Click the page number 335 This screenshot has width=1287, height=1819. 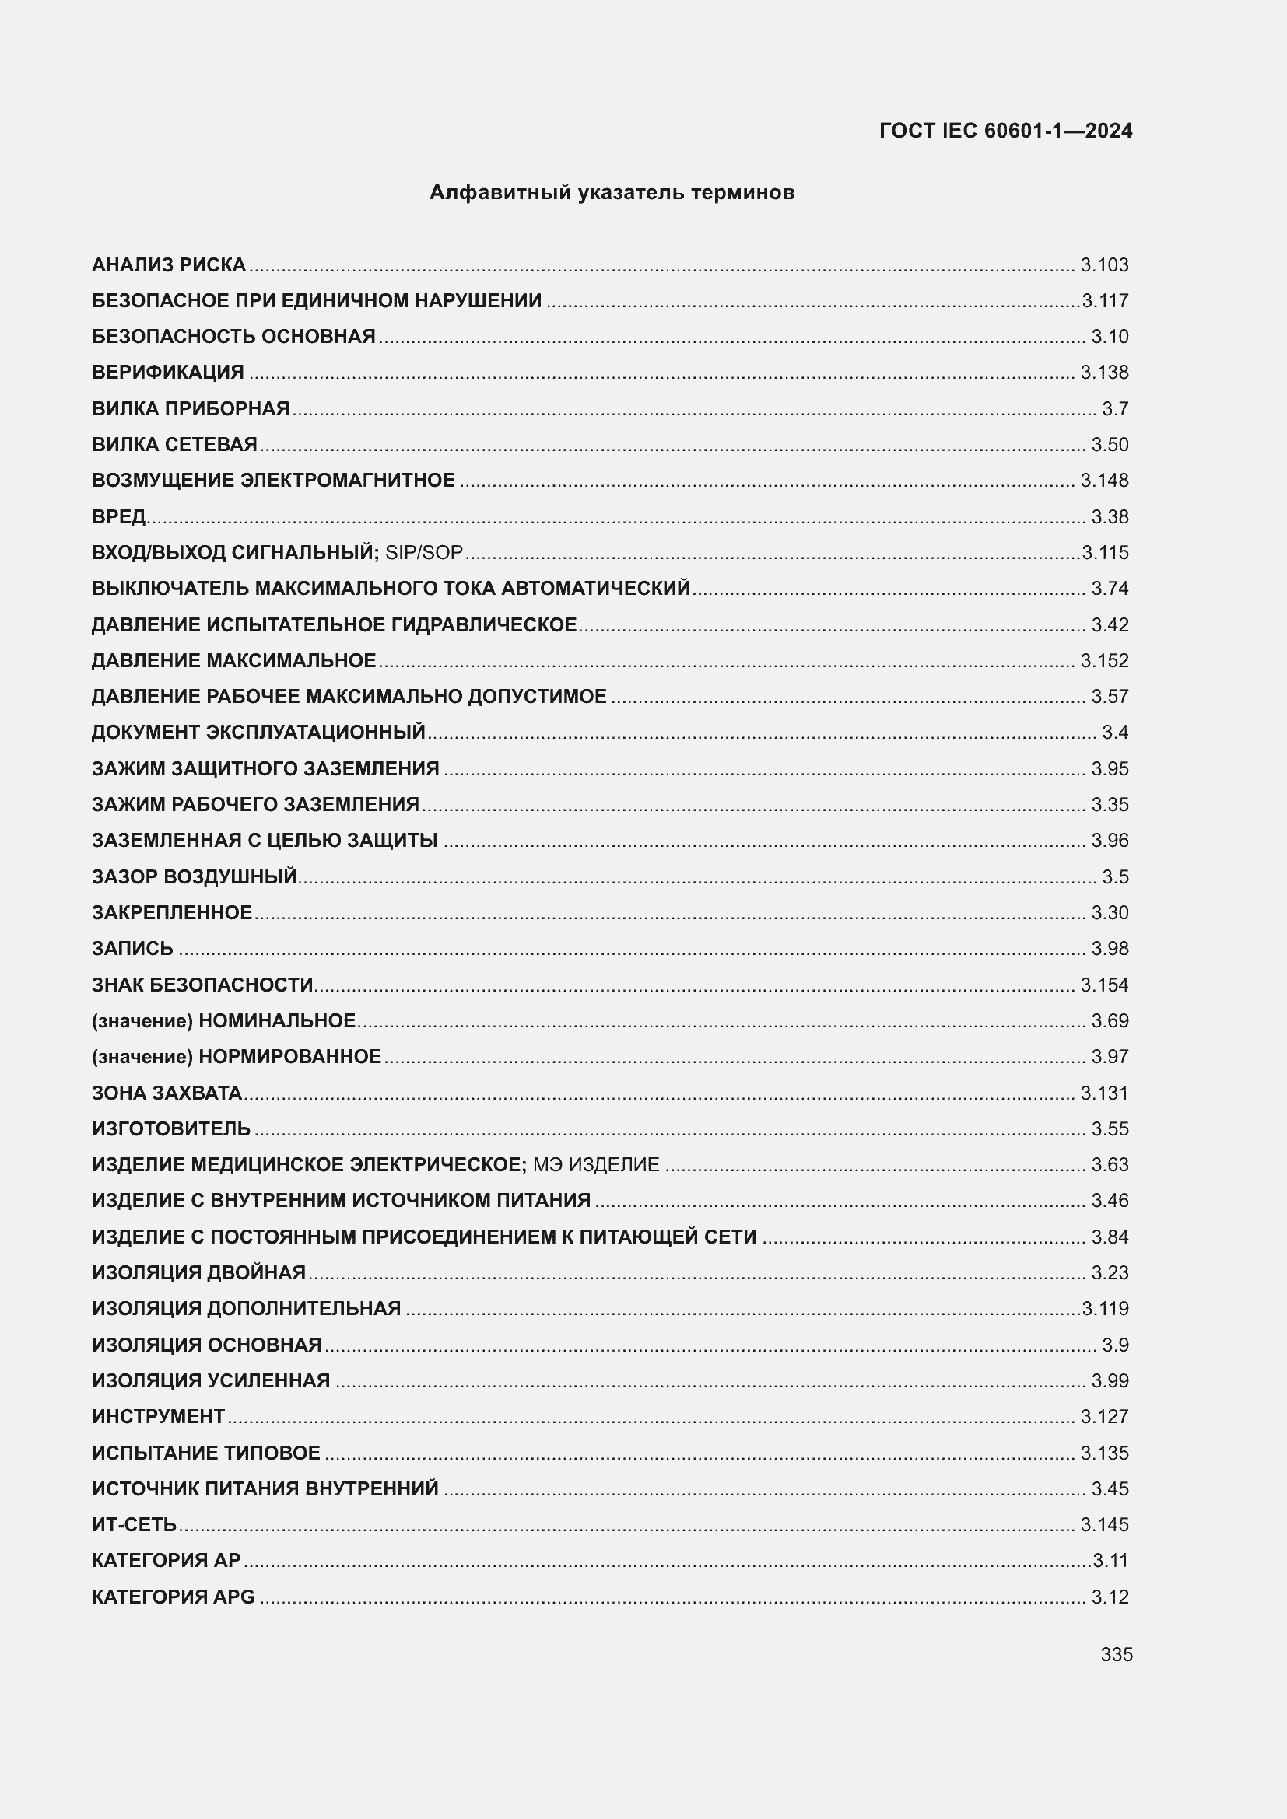pos(1116,1654)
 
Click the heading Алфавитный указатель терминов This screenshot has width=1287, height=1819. pos(612,193)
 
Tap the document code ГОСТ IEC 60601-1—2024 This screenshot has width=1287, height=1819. pos(1005,131)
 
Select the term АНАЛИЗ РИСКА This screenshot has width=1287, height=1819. pos(169,264)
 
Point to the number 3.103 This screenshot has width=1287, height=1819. pos(1104,264)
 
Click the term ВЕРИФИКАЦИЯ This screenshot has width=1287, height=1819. pos(168,373)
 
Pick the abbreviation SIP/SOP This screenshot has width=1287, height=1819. pos(424,552)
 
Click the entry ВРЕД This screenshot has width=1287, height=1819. pos(119,516)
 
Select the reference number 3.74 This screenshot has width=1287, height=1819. pos(1110,588)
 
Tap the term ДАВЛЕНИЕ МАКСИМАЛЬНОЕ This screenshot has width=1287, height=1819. pos(233,660)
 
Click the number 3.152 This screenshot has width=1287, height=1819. pos(1104,660)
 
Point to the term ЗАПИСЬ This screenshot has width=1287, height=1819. pos(132,948)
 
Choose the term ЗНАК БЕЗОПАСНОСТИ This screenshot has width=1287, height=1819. pos(203,985)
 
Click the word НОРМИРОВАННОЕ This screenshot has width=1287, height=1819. pos(289,1056)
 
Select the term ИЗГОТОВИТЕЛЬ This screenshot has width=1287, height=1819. pos(171,1128)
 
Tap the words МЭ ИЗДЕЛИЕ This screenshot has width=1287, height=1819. pos(596,1165)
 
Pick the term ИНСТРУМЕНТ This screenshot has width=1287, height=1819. pos(159,1416)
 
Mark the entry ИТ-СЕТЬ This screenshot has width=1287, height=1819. pos(134,1524)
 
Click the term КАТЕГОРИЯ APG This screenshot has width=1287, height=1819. pos(174,1597)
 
